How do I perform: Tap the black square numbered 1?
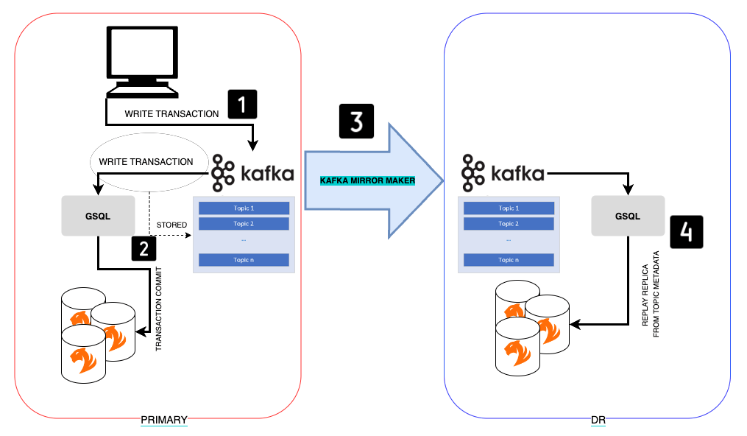point(242,103)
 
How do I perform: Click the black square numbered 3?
point(356,122)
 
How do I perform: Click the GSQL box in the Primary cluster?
point(98,217)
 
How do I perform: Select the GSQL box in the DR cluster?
point(628,217)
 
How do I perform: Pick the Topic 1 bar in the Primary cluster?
point(243,208)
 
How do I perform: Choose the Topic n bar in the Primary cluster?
point(243,259)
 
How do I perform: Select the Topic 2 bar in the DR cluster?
point(507,224)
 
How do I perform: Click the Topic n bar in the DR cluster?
point(507,259)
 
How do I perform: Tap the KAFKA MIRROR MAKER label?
point(367,180)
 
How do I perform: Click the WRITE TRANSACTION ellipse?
point(146,161)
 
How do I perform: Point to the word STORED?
point(171,225)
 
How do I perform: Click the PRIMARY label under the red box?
point(164,420)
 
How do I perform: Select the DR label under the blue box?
point(598,420)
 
